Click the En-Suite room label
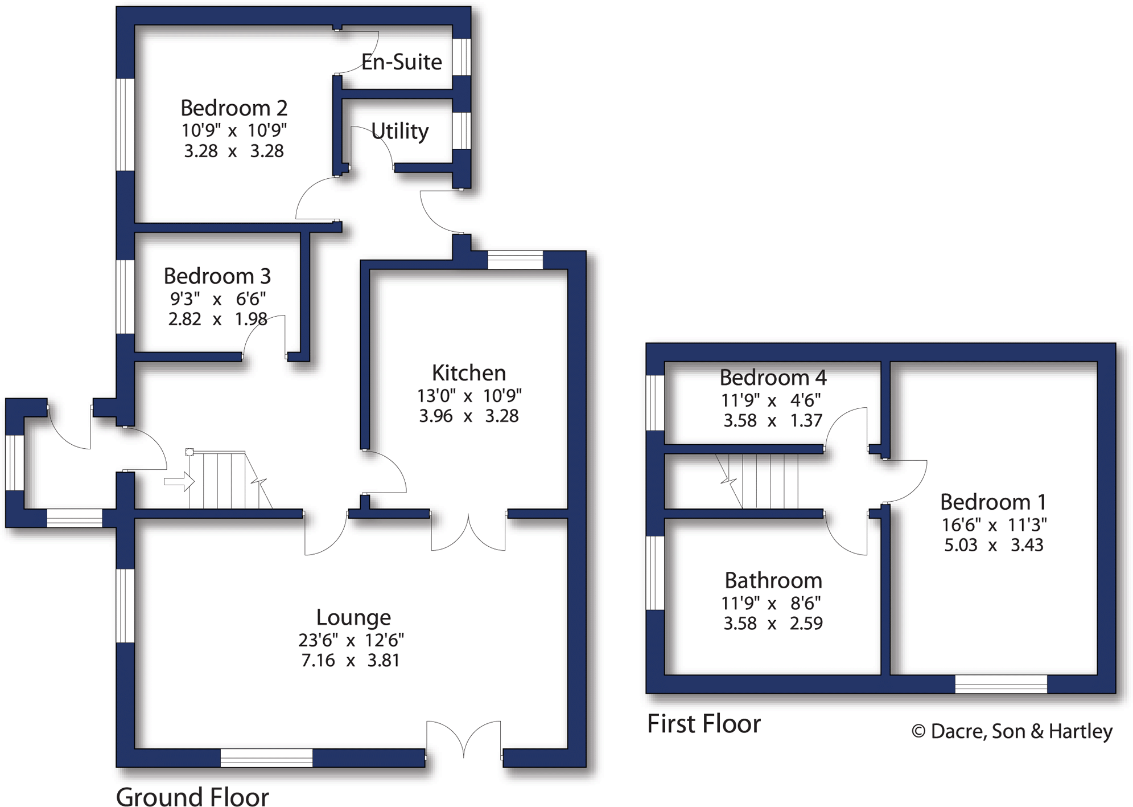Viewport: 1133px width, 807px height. [x=401, y=62]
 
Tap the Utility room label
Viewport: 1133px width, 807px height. [x=400, y=131]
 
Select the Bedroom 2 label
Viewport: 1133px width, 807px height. [x=233, y=108]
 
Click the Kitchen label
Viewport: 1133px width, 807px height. [x=468, y=373]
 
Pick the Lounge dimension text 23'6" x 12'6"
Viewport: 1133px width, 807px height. [x=351, y=640]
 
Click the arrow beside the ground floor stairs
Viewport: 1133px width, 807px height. [x=179, y=481]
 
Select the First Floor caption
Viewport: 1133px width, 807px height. [x=703, y=724]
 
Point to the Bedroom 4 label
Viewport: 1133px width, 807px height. [x=772, y=378]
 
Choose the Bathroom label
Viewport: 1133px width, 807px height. [x=773, y=580]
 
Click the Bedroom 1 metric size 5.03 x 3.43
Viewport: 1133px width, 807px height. [x=993, y=545]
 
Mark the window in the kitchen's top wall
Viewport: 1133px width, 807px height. [x=515, y=260]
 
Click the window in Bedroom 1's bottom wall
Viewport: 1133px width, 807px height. [x=1000, y=683]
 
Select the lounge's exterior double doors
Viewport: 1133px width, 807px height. [x=464, y=739]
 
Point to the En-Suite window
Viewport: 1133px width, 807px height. [x=462, y=56]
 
